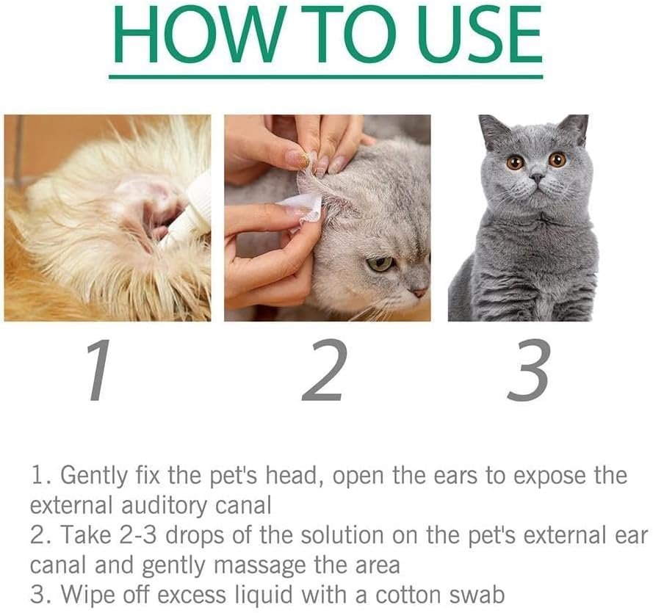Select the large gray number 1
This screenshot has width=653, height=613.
99,370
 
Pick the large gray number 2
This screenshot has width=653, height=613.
324,369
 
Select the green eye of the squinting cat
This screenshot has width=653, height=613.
380,264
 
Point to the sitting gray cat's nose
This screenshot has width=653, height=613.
538,178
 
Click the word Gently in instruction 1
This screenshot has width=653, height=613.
94,476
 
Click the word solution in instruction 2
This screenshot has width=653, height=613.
342,534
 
